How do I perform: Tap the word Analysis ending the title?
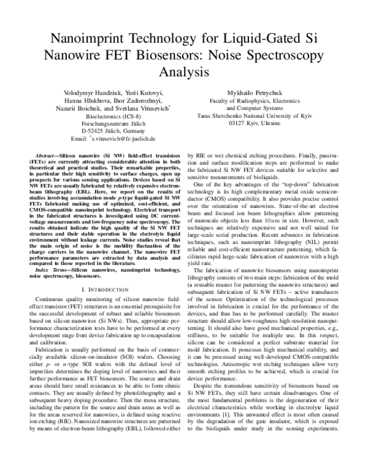(183, 71)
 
